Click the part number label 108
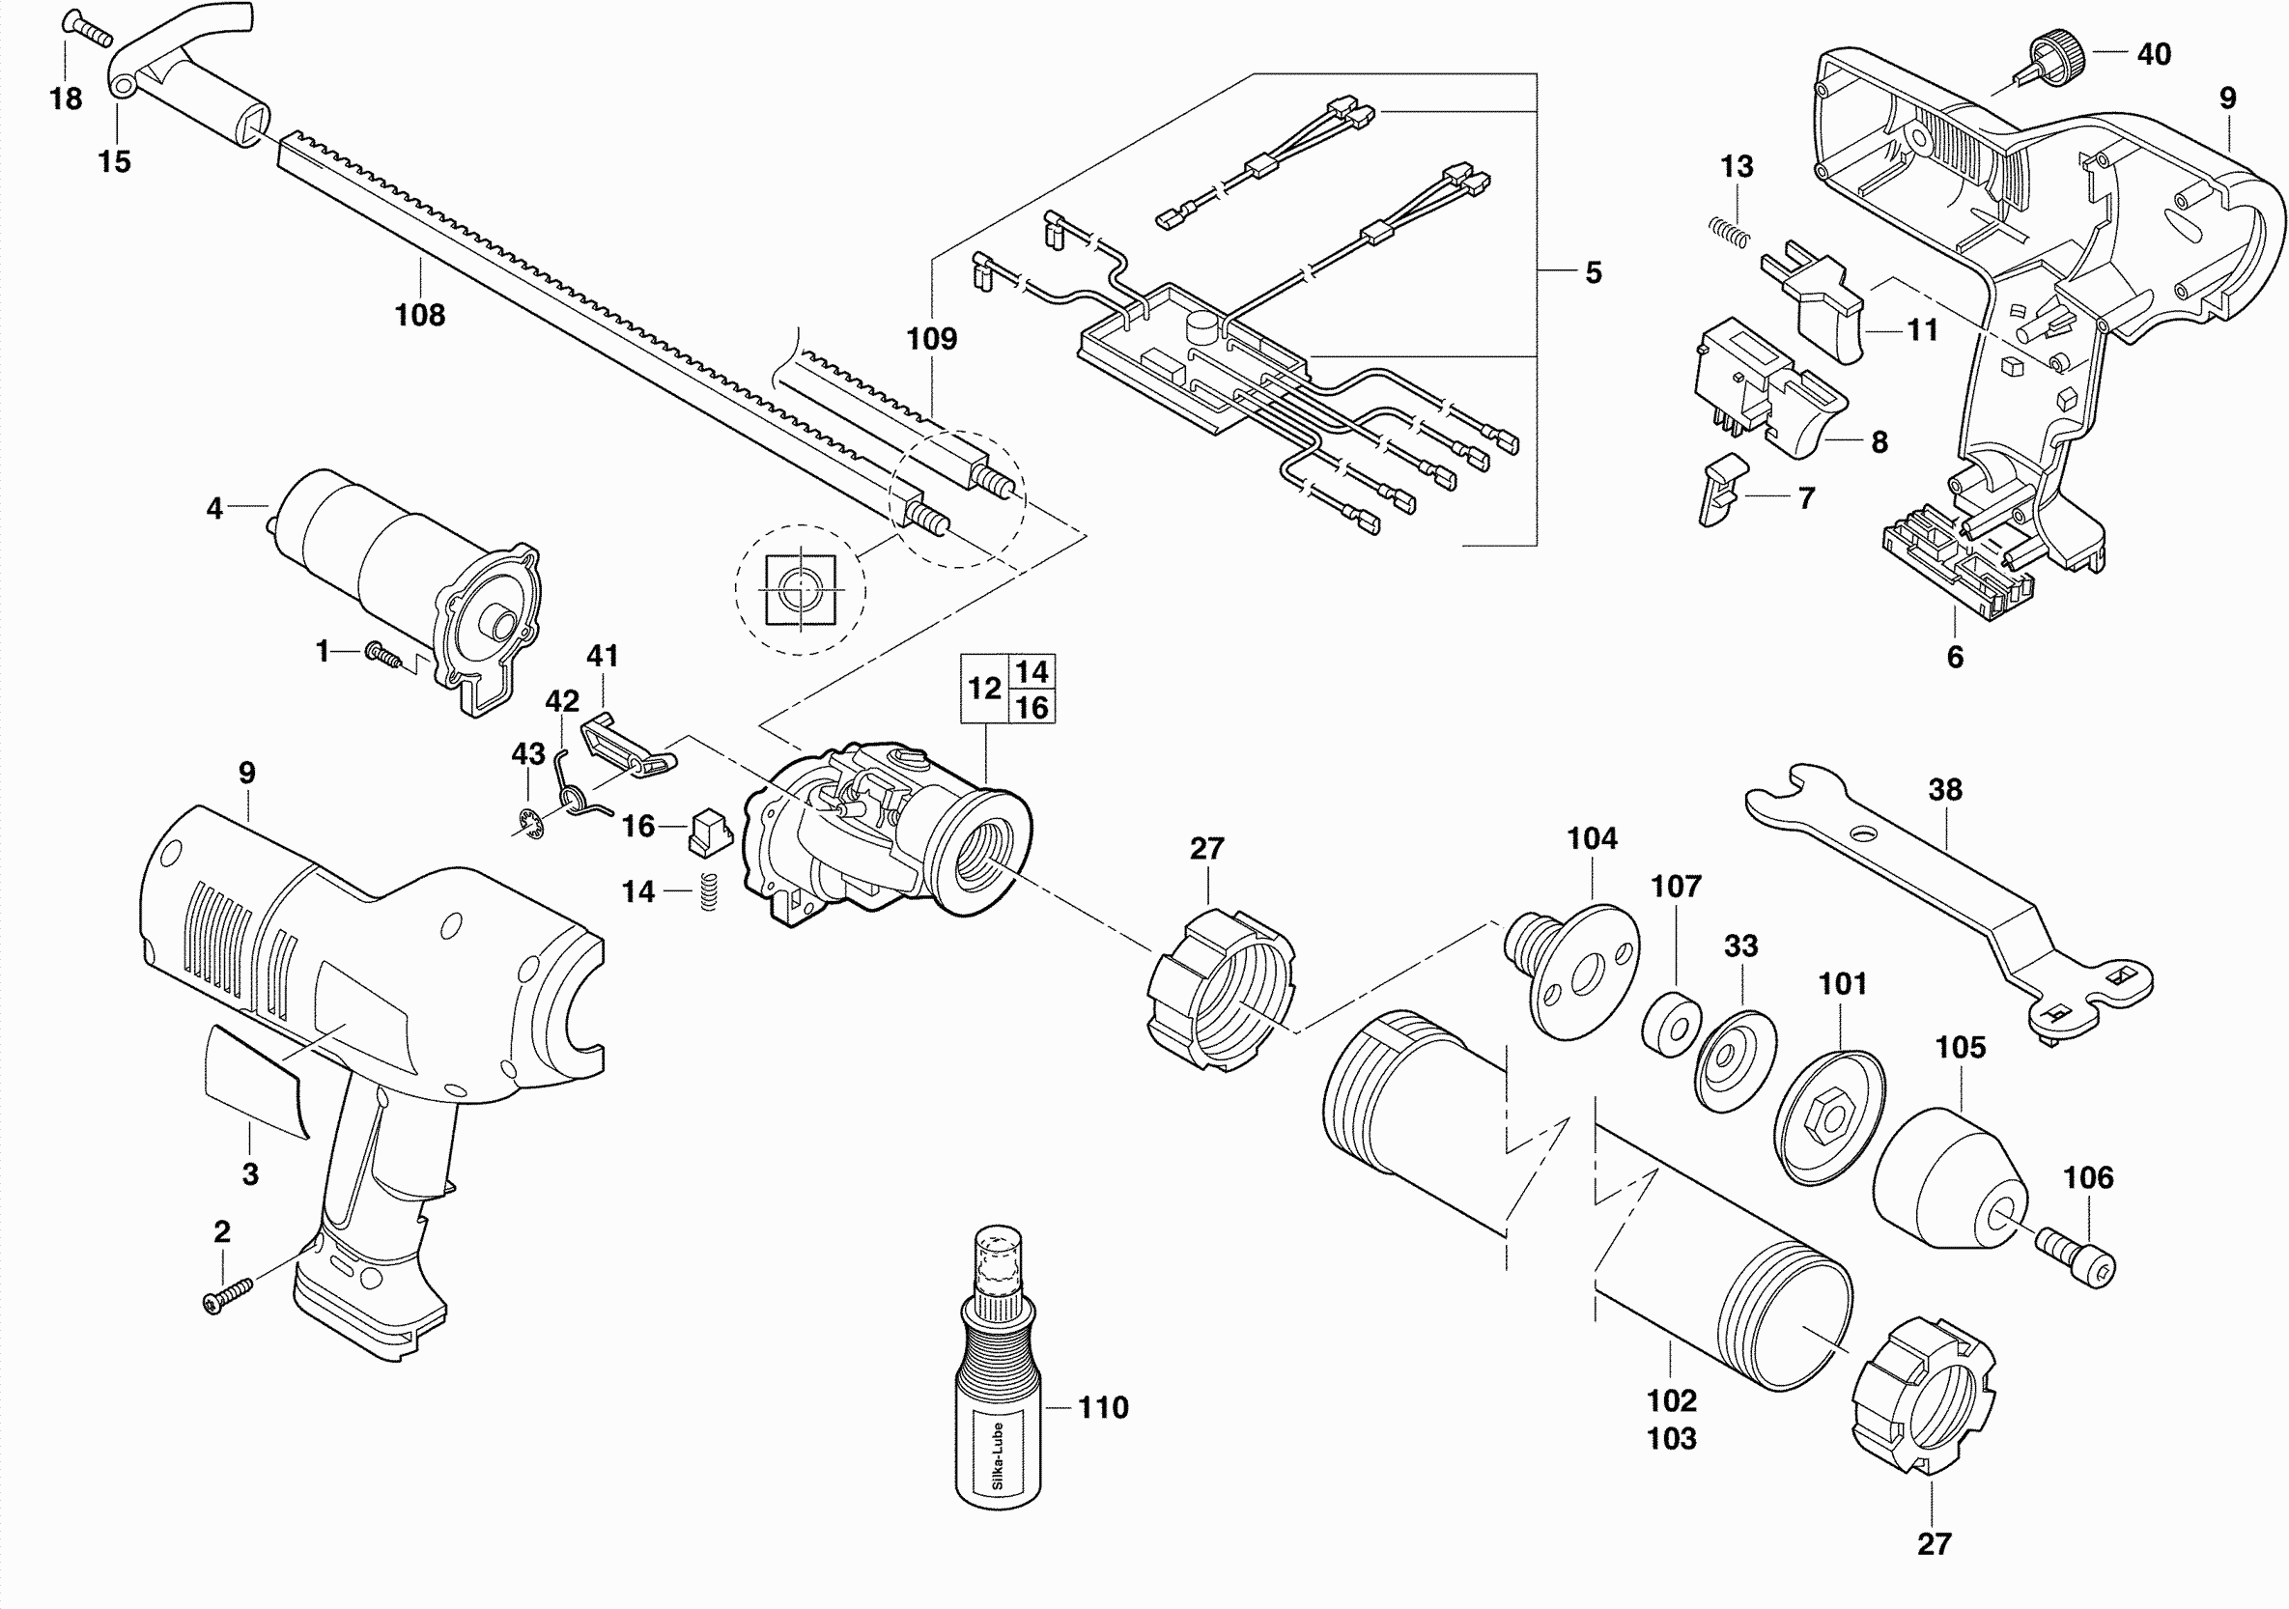click(420, 315)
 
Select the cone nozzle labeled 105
click(1949, 1176)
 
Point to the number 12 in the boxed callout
click(984, 689)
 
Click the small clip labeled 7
click(1721, 489)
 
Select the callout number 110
click(1103, 1407)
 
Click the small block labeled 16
click(710, 832)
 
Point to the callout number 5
click(1594, 272)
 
